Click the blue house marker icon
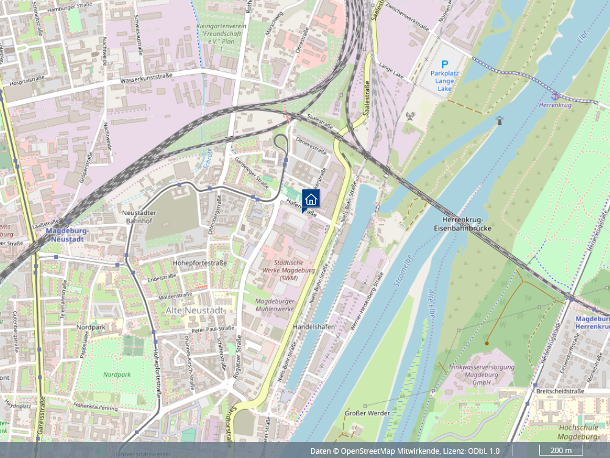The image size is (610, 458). [311, 198]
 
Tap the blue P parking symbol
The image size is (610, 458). [445, 64]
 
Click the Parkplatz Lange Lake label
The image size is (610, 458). [445, 81]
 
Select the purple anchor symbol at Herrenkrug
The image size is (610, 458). [555, 96]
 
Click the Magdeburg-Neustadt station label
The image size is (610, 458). [66, 236]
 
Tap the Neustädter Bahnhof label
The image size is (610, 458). [140, 216]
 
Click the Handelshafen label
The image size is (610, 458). [314, 327]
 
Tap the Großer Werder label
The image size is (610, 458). [367, 413]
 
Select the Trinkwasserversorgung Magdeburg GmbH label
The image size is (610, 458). [481, 374]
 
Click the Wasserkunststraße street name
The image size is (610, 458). [146, 78]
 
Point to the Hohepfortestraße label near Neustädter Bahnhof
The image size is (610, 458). [199, 263]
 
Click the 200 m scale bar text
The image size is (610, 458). [561, 451]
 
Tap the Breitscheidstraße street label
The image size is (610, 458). [560, 391]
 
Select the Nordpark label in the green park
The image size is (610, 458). [117, 374]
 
